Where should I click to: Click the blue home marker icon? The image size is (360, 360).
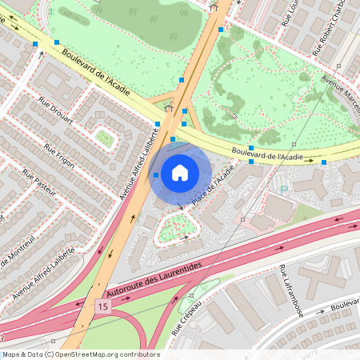tap(180, 172)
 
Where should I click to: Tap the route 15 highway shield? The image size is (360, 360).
tap(102, 306)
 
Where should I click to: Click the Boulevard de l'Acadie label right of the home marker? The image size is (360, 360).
tap(267, 153)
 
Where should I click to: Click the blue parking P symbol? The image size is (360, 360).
tap(284, 190)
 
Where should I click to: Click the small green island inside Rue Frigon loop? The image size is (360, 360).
tap(105, 138)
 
